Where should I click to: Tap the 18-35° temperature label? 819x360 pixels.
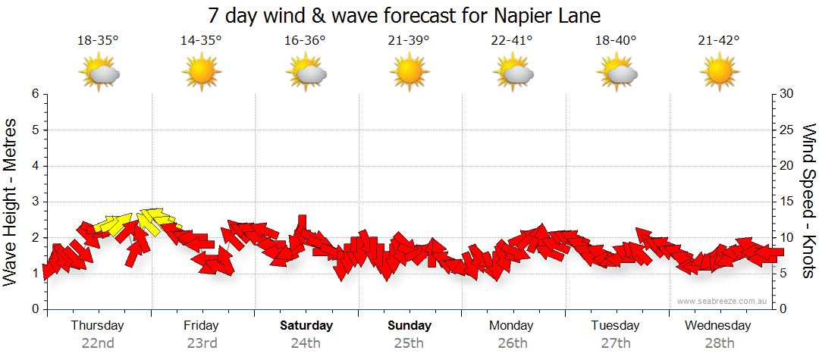pyautogui.click(x=98, y=41)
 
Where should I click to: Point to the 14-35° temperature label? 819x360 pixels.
pyautogui.click(x=201, y=41)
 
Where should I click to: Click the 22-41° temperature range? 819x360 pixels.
pyautogui.click(x=512, y=41)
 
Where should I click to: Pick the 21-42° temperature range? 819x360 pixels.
pyautogui.click(x=719, y=41)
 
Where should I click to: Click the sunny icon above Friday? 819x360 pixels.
pyautogui.click(x=202, y=74)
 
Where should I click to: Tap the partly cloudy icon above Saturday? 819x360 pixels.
pyautogui.click(x=306, y=74)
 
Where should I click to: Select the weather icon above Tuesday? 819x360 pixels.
pyautogui.click(x=617, y=74)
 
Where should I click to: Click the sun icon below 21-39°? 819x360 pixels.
pyautogui.click(x=409, y=74)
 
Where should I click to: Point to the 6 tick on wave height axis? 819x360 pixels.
pyautogui.click(x=34, y=94)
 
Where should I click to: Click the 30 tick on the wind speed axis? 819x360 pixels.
pyautogui.click(x=786, y=94)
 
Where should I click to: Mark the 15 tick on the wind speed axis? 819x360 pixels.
pyautogui.click(x=786, y=202)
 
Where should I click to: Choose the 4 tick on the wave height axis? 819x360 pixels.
pyautogui.click(x=34, y=166)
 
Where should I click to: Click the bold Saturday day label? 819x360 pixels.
pyautogui.click(x=306, y=326)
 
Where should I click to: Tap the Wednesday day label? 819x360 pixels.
pyautogui.click(x=717, y=326)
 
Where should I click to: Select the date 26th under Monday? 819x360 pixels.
pyautogui.click(x=512, y=343)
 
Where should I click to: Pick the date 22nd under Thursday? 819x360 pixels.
pyautogui.click(x=98, y=343)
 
